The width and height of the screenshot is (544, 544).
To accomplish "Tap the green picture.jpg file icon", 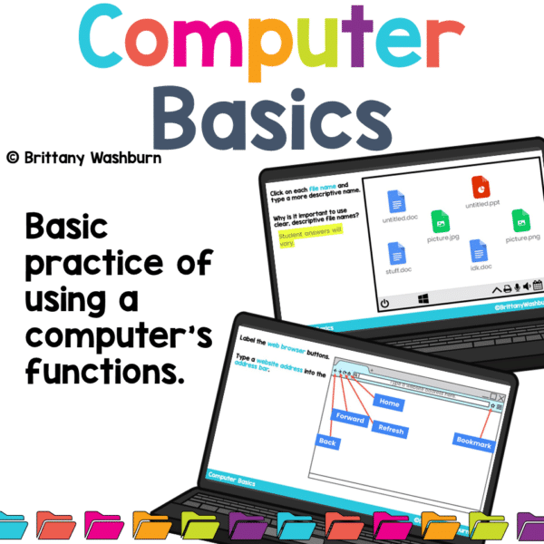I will [x=439, y=219].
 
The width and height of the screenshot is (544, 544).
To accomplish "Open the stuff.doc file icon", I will [x=395, y=253].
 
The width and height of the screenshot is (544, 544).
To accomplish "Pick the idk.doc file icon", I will [x=480, y=248].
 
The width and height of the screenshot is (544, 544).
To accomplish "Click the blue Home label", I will [x=390, y=403].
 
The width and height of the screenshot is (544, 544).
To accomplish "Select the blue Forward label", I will [x=350, y=419].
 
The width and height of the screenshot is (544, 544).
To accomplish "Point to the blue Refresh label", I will [x=391, y=429].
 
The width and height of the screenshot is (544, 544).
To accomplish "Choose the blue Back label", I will [x=326, y=442].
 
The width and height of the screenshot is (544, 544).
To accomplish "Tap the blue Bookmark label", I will [x=473, y=443].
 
